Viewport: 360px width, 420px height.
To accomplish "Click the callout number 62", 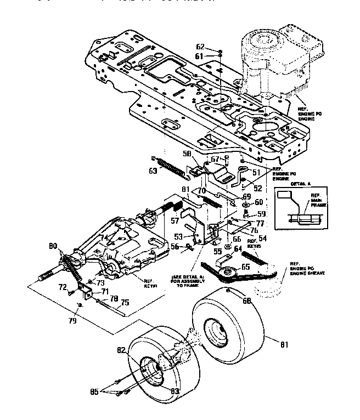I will (x=200, y=47).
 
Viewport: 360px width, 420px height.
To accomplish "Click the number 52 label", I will (x=258, y=188).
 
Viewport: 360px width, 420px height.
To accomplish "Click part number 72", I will (x=63, y=287).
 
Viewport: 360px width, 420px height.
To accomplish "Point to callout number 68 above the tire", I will (x=248, y=301).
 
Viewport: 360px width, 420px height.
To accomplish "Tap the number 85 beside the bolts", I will (x=95, y=391).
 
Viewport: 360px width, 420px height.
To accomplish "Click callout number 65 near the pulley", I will (x=245, y=266).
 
